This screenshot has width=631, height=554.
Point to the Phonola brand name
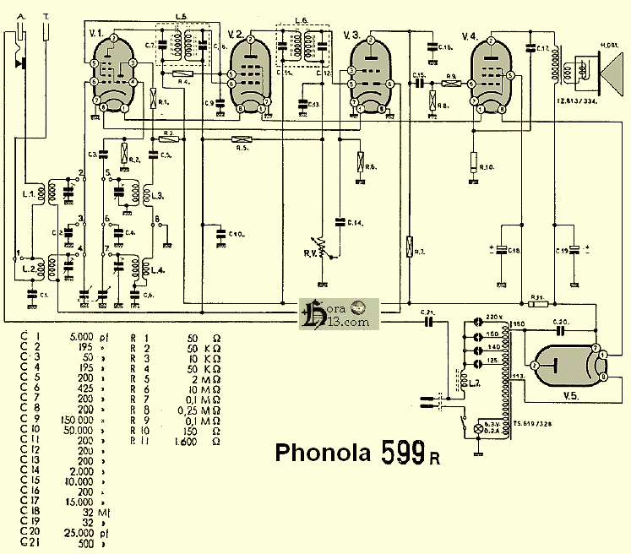(x=324, y=453)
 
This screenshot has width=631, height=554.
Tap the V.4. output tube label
(x=471, y=35)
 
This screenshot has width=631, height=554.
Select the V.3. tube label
(x=352, y=35)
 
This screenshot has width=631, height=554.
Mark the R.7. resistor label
(x=420, y=253)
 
